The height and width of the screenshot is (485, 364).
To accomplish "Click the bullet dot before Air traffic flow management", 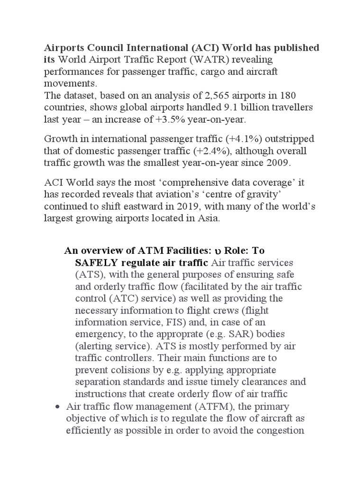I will click(x=57, y=407).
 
